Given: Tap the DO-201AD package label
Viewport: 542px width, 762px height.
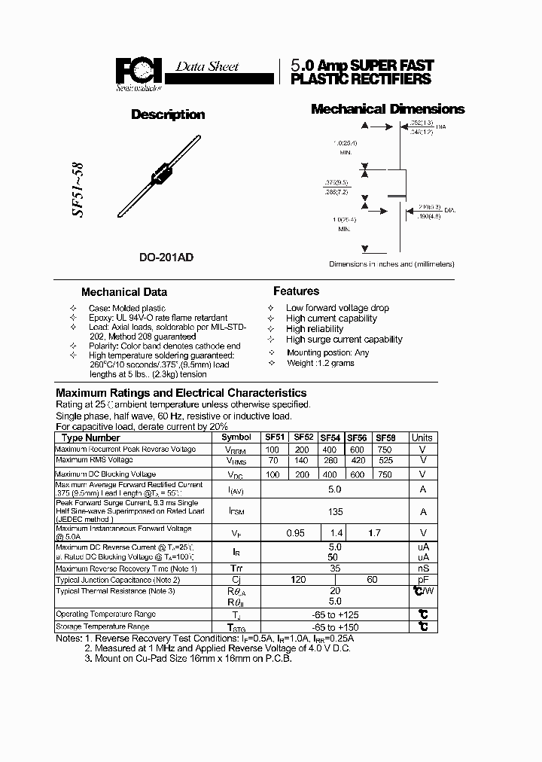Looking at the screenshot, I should [x=166, y=258].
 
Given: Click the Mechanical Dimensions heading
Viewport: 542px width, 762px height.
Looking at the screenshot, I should [x=388, y=109].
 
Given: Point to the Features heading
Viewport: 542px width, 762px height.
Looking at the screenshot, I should [x=296, y=291].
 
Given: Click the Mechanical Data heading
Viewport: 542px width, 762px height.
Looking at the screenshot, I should [x=124, y=292].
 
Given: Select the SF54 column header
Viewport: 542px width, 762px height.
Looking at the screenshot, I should [x=330, y=437].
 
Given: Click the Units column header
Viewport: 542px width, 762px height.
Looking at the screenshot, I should [x=422, y=437].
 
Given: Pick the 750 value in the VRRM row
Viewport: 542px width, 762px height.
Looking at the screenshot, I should [x=384, y=450].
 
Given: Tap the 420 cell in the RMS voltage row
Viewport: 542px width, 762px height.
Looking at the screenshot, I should [x=357, y=460].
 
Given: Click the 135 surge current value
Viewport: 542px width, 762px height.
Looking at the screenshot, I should [x=336, y=511].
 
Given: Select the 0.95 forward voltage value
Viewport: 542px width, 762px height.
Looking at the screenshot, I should [x=296, y=532].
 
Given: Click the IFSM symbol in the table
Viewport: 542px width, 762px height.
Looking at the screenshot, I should [x=237, y=511].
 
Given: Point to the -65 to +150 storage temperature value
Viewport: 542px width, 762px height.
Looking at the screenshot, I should [x=336, y=627].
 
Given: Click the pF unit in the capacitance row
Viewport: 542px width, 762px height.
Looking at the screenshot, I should [x=423, y=580].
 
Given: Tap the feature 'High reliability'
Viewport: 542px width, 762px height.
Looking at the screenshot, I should [x=315, y=329].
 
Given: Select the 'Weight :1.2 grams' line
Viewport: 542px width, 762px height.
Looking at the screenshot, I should [x=320, y=363].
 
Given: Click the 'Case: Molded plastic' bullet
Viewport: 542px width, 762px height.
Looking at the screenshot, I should [x=127, y=308].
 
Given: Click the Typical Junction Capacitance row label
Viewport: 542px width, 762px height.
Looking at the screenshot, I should [x=118, y=580].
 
